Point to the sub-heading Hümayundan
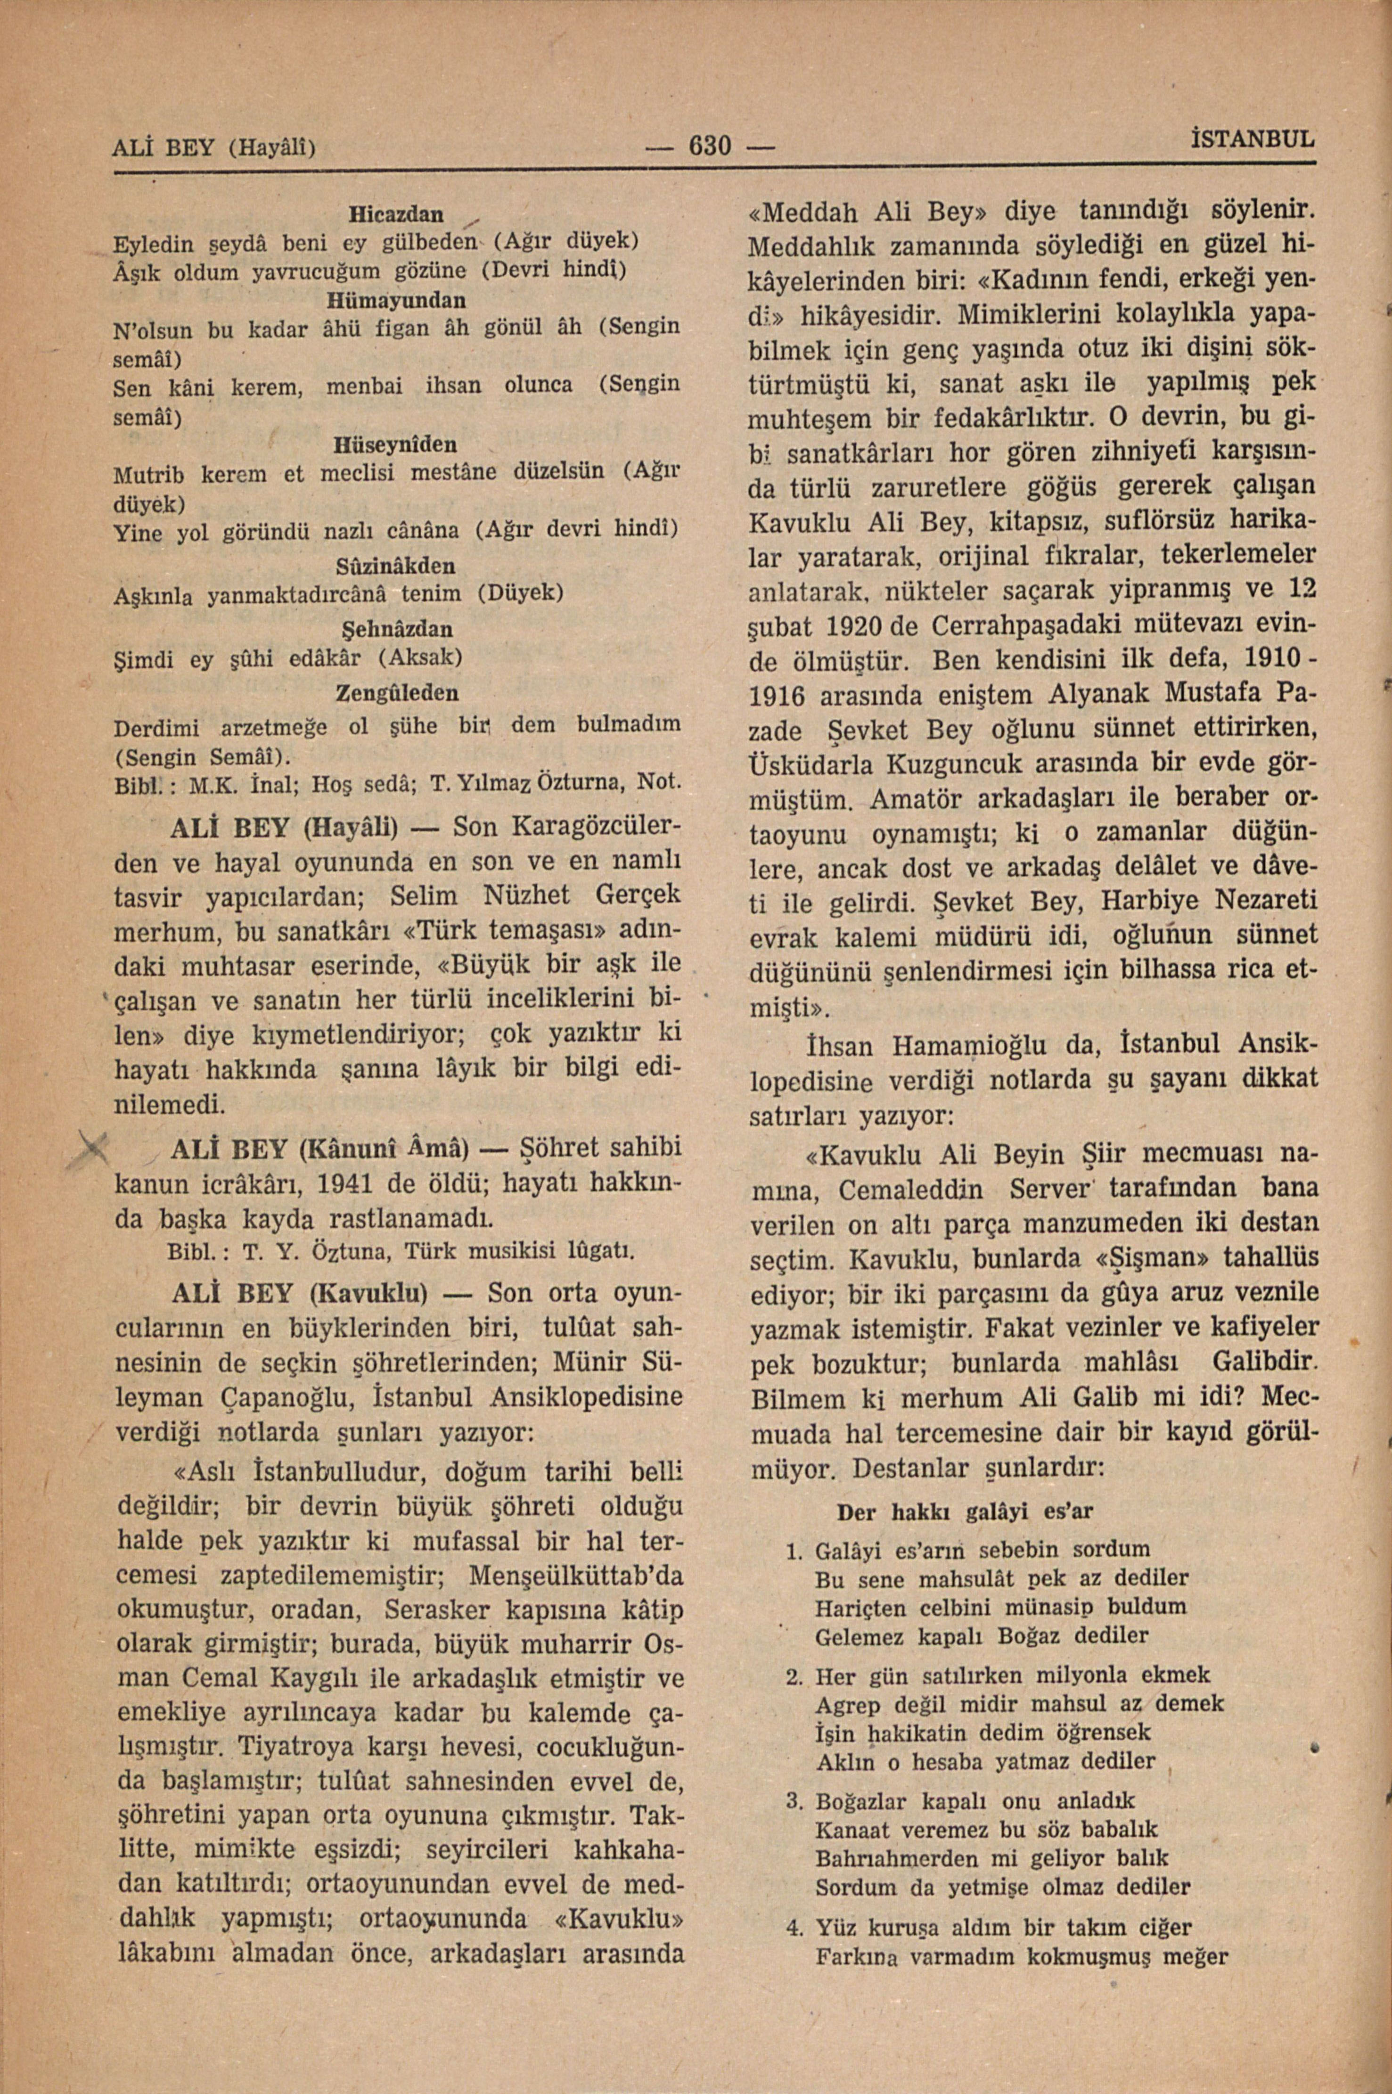(396, 300)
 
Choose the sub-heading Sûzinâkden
(396, 565)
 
